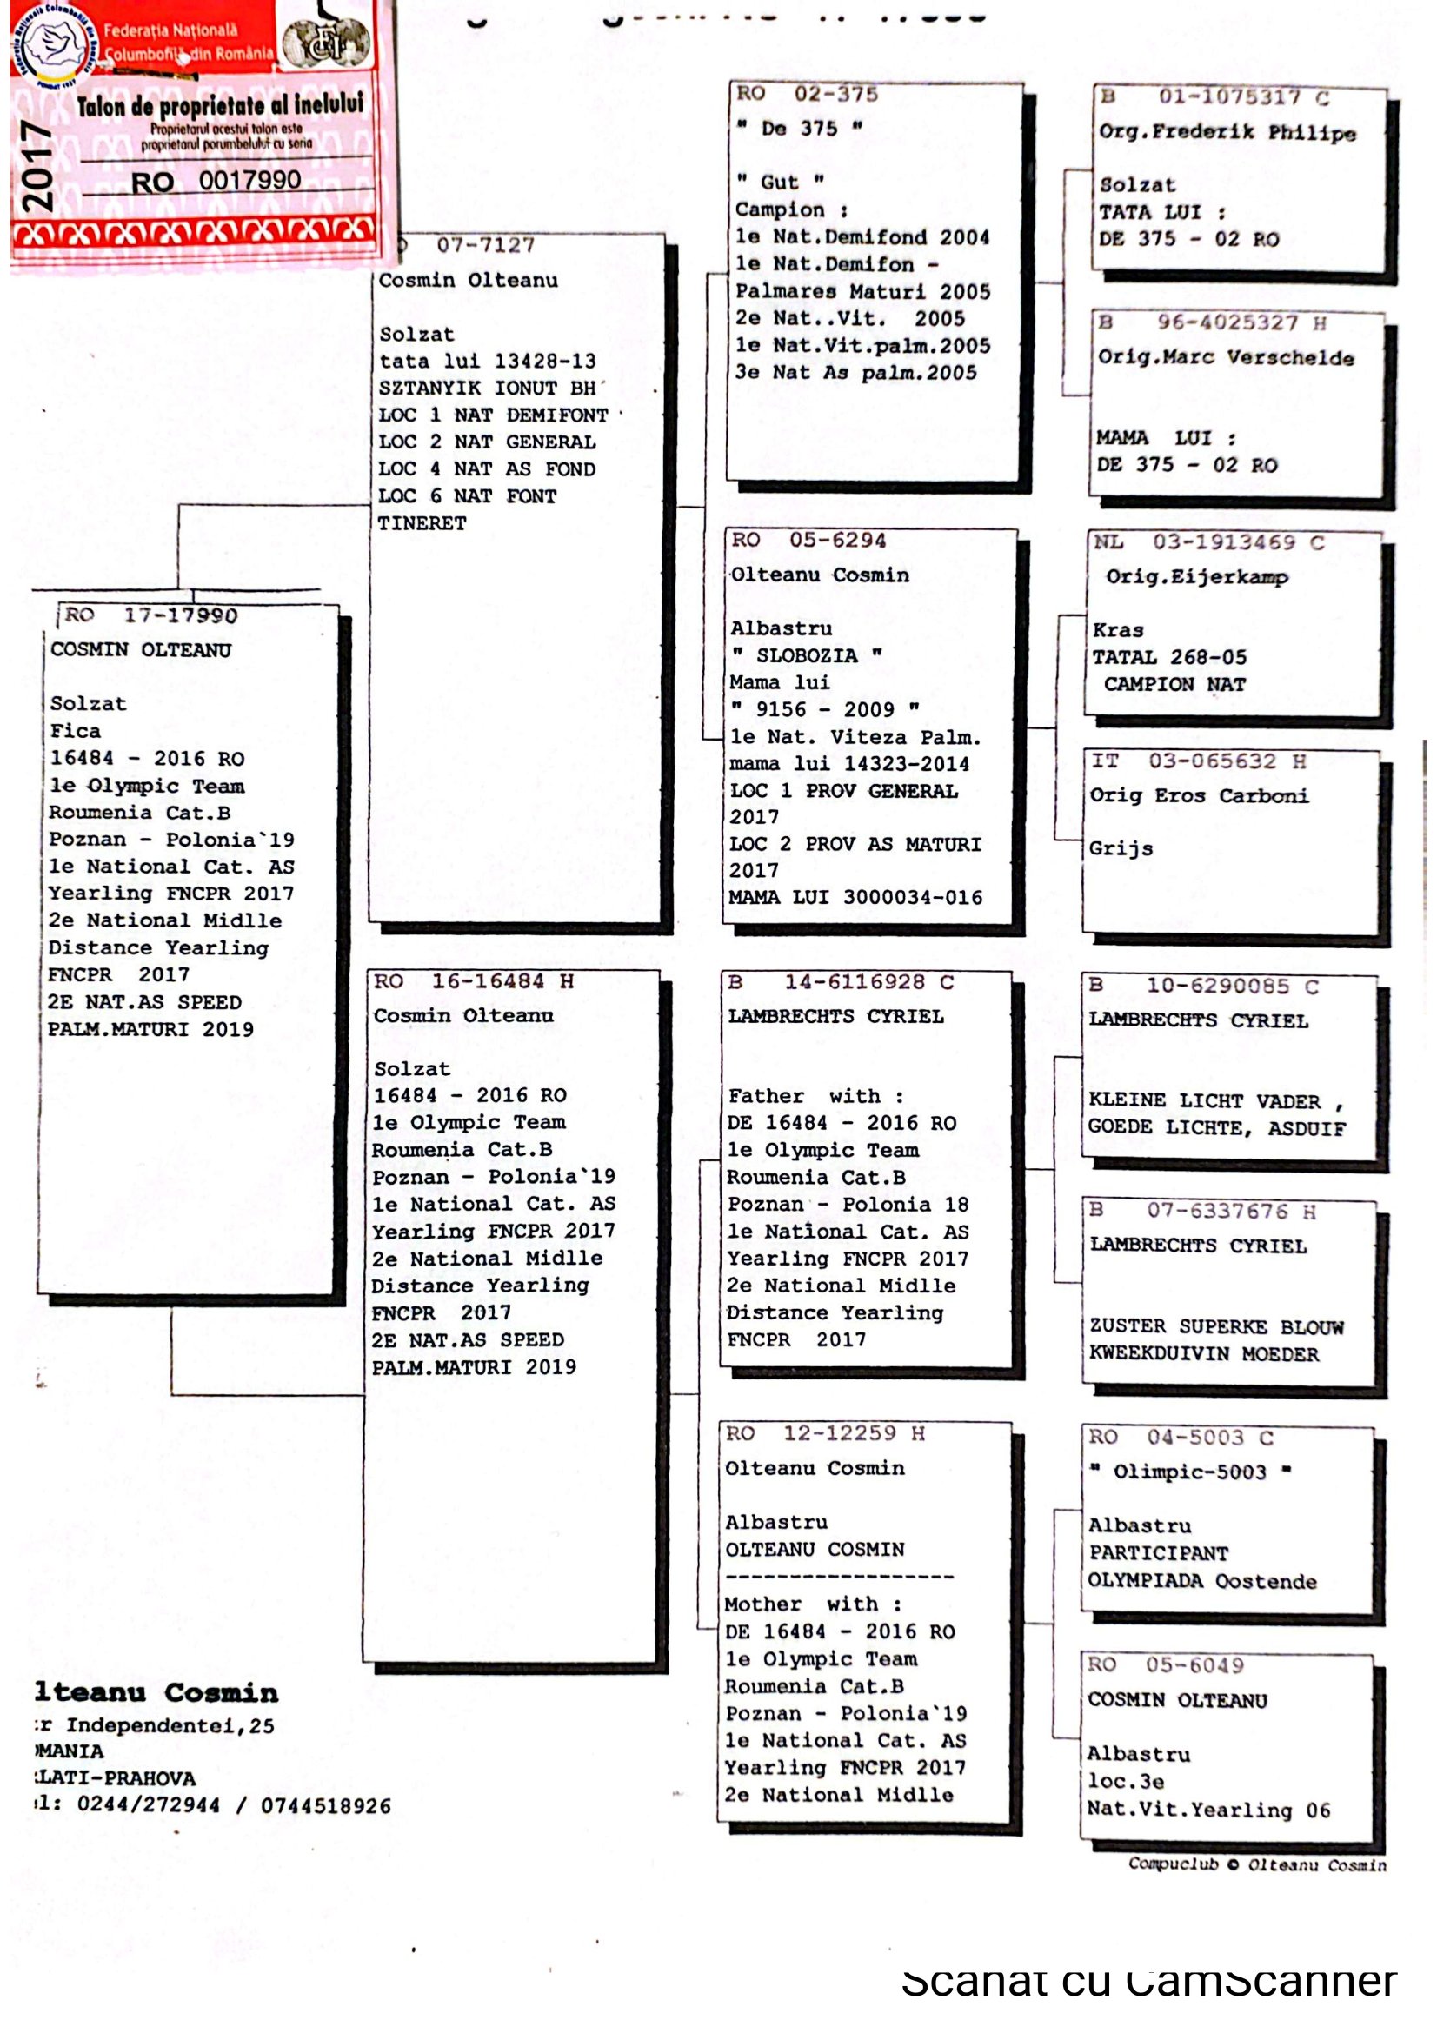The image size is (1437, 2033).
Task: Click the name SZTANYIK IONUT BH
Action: pyautogui.click(x=487, y=388)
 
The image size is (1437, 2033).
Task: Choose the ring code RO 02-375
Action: pyautogui.click(x=807, y=94)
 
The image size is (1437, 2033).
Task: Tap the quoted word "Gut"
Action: pyautogui.click(x=779, y=183)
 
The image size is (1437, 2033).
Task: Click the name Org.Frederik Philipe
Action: pyautogui.click(x=1227, y=133)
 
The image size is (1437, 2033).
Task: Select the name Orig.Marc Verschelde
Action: pyautogui.click(x=1226, y=358)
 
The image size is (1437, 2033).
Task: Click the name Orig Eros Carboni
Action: pyautogui.click(x=1198, y=795)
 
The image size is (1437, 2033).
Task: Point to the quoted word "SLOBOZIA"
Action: pyautogui.click(x=806, y=655)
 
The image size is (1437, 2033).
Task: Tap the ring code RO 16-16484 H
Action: pyautogui.click(x=473, y=981)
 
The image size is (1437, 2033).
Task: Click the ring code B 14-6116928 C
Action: pyautogui.click(x=841, y=982)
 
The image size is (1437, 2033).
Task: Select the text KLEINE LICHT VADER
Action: pyautogui.click(x=1203, y=1100)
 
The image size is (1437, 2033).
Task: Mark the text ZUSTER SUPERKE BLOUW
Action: pyautogui.click(x=1215, y=1326)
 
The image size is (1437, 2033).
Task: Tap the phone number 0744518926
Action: pyautogui.click(x=325, y=1806)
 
